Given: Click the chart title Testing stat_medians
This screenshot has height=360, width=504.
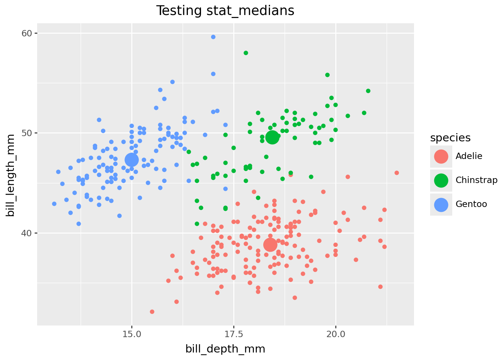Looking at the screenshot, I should coord(225,10).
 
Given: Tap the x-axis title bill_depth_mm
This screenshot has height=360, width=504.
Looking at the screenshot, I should coord(225,349).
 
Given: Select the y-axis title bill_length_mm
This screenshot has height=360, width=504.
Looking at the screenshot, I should coord(11,175).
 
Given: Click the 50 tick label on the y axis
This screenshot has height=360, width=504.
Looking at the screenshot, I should coord(27,133).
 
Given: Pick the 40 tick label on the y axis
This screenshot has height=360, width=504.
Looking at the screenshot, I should coord(27,233).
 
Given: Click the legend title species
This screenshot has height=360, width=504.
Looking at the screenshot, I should coord(450,138).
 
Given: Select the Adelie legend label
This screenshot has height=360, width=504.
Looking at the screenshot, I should coord(469,156).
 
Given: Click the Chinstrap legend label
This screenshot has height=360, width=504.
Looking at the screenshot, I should coord(476,180).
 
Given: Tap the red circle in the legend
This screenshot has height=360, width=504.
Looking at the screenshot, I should coord(441,156).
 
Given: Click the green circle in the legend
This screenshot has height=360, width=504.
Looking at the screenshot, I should coord(441,180).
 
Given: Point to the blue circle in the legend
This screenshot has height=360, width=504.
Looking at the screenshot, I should coord(441,204).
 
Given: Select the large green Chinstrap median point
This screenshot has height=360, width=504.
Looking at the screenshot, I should coord(272,137).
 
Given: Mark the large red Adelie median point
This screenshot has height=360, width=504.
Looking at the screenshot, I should coord(270,245).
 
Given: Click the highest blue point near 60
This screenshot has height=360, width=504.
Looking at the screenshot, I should coord(213,37).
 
